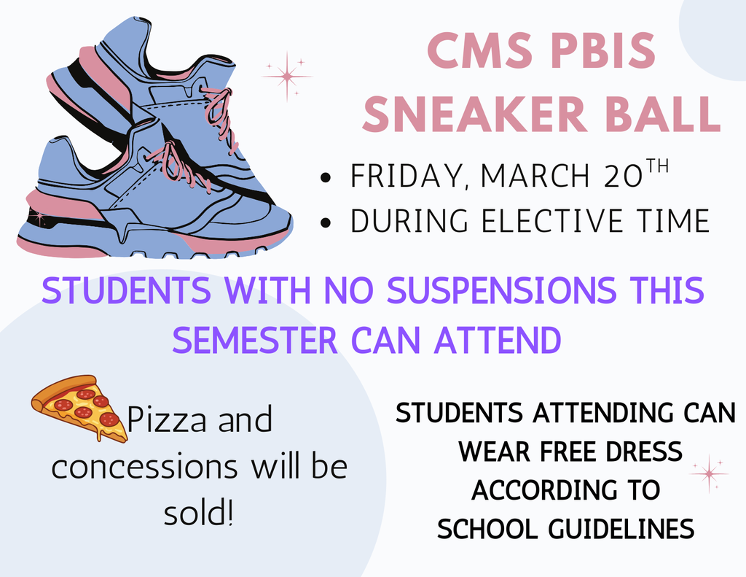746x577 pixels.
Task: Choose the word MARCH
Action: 529,178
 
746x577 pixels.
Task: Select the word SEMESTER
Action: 255,339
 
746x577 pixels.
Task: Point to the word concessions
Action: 144,467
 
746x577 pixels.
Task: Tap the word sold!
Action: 197,514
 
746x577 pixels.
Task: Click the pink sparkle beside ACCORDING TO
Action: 709,473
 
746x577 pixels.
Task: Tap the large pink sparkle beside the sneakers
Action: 287,76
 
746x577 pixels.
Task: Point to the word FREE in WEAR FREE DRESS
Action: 551,452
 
